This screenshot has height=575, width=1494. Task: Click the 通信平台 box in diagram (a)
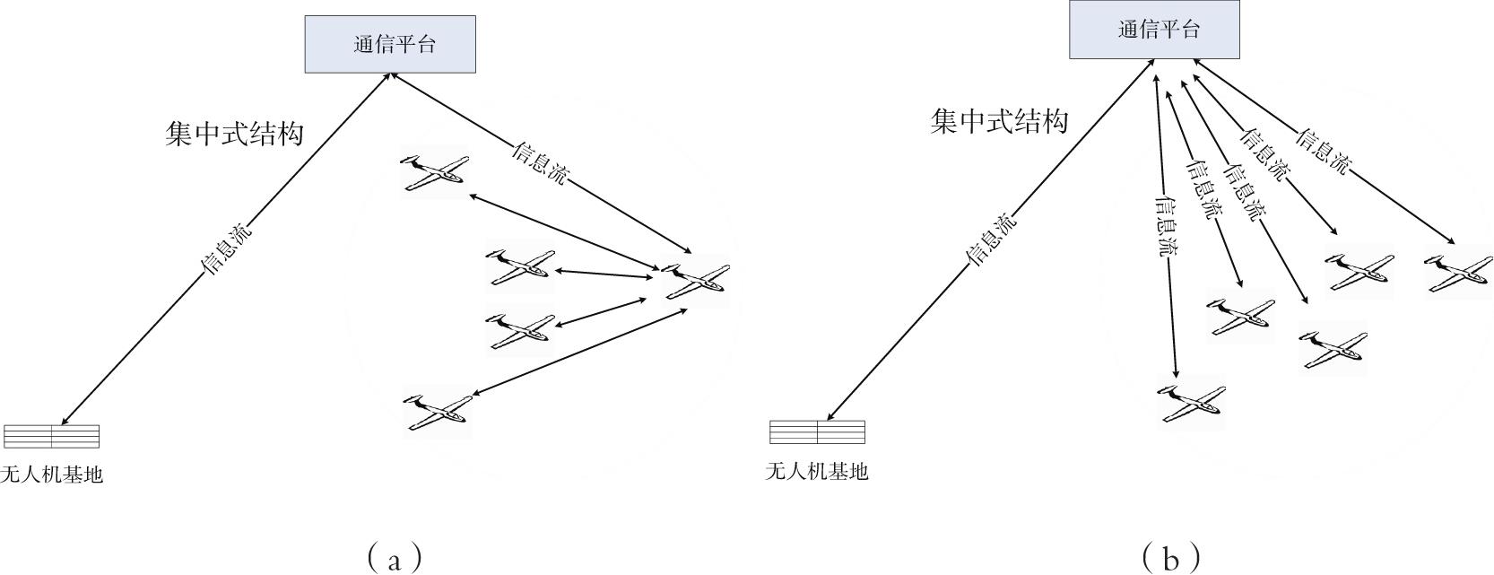[x=390, y=44]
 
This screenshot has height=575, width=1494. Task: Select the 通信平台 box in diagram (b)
[x=1154, y=30]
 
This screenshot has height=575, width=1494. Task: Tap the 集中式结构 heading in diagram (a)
[x=234, y=134]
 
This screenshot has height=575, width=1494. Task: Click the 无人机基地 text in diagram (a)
[x=52, y=475]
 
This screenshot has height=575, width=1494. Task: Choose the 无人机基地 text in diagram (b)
[x=816, y=471]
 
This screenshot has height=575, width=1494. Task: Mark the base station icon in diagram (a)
[x=51, y=436]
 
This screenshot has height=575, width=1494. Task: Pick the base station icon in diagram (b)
[x=817, y=431]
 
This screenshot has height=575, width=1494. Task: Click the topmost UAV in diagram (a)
[x=436, y=170]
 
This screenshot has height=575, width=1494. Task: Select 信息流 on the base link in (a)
[x=226, y=248]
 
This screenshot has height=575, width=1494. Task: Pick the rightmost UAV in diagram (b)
[x=1458, y=272]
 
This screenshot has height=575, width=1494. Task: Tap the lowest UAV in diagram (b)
[x=1192, y=402]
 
